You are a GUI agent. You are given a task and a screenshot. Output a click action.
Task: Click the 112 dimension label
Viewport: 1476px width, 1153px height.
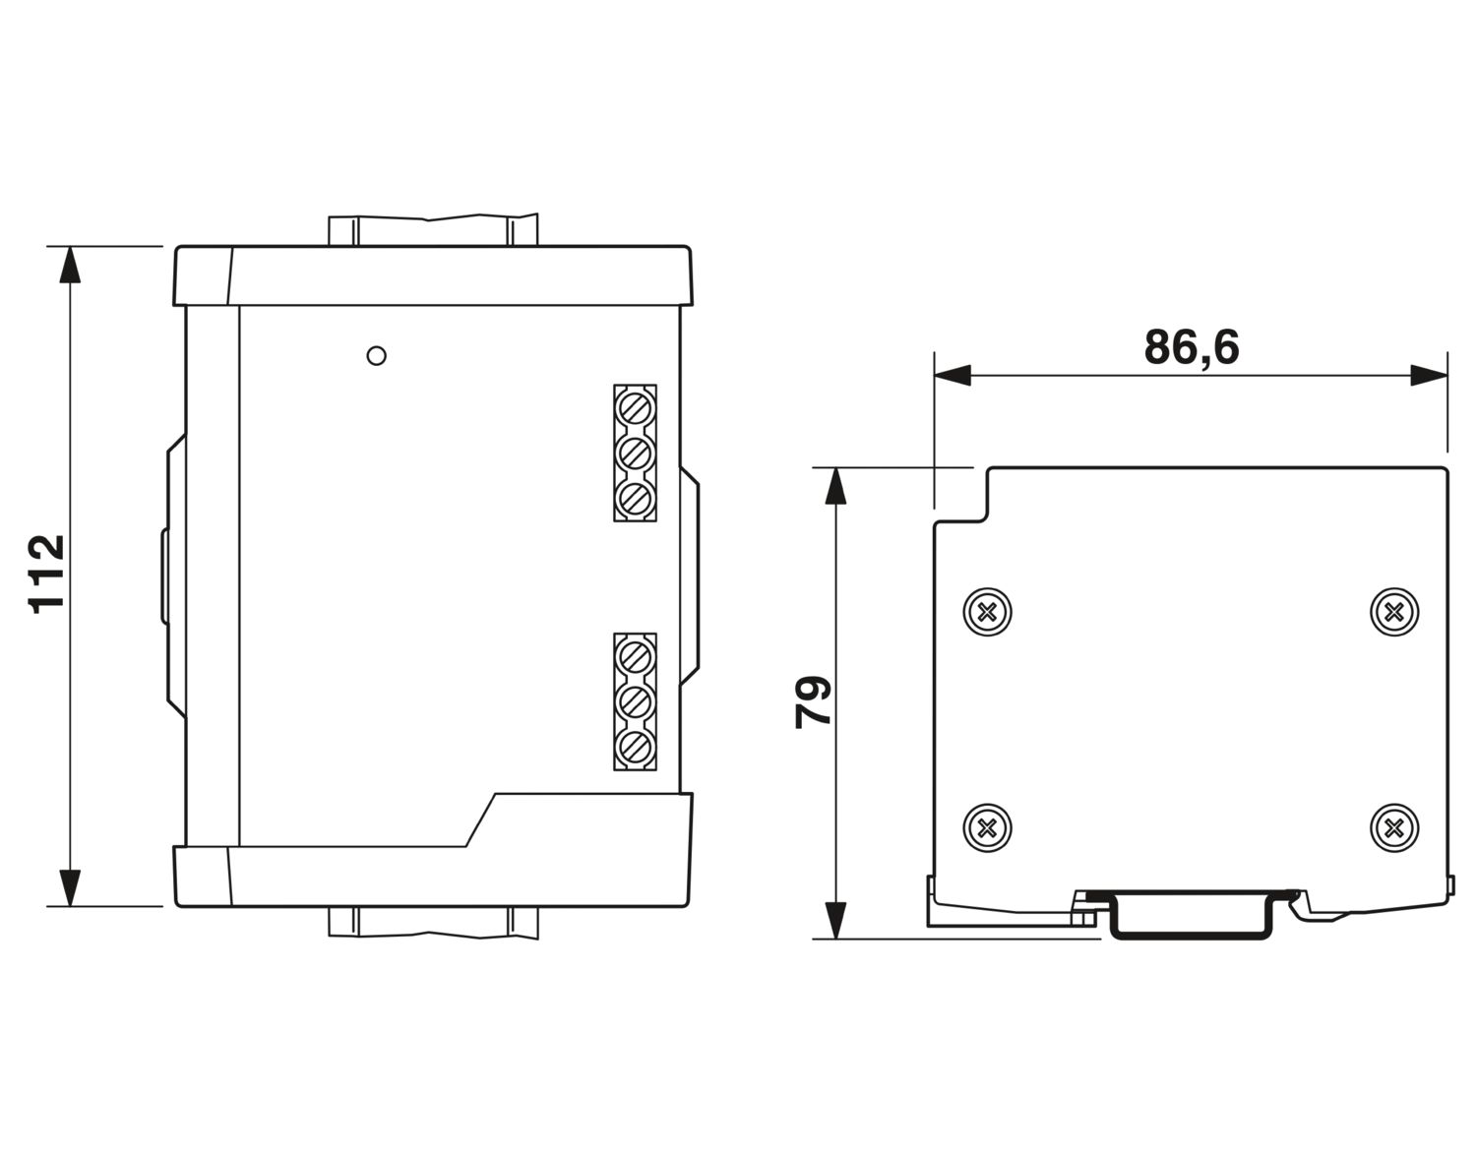(47, 576)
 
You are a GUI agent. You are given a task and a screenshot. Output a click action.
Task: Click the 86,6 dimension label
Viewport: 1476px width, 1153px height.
(1192, 347)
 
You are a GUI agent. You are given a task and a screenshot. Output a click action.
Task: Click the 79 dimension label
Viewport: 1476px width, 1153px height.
(813, 702)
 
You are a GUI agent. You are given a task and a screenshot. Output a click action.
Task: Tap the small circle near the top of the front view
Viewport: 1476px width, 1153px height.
(376, 355)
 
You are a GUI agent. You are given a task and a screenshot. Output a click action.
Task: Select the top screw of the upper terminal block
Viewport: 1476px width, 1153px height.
(635, 409)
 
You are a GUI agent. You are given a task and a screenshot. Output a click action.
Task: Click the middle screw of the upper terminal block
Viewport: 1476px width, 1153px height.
(635, 453)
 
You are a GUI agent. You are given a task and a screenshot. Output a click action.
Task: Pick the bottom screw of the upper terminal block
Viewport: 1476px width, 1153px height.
(635, 499)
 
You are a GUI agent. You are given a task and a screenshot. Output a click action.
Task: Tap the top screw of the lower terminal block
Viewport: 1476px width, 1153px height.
(635, 657)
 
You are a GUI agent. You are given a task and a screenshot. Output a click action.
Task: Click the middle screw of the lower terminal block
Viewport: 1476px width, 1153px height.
(635, 702)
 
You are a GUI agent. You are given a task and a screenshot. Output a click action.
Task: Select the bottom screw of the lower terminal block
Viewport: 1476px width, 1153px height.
(635, 748)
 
